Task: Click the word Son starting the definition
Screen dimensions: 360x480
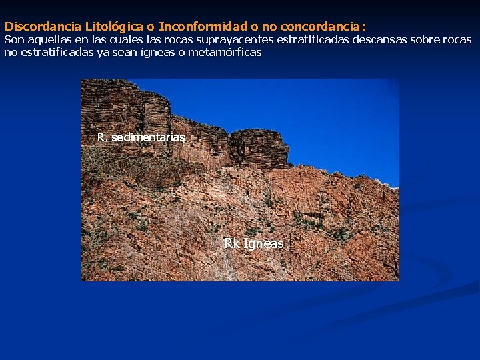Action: [x=14, y=40]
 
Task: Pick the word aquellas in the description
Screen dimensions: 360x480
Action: [x=49, y=40]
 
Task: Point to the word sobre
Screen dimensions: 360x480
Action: [x=423, y=40]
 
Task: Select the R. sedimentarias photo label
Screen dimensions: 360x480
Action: [x=141, y=137]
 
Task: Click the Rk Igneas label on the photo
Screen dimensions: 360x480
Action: [x=253, y=244]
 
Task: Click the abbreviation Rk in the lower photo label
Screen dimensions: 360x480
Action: [x=231, y=244]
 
